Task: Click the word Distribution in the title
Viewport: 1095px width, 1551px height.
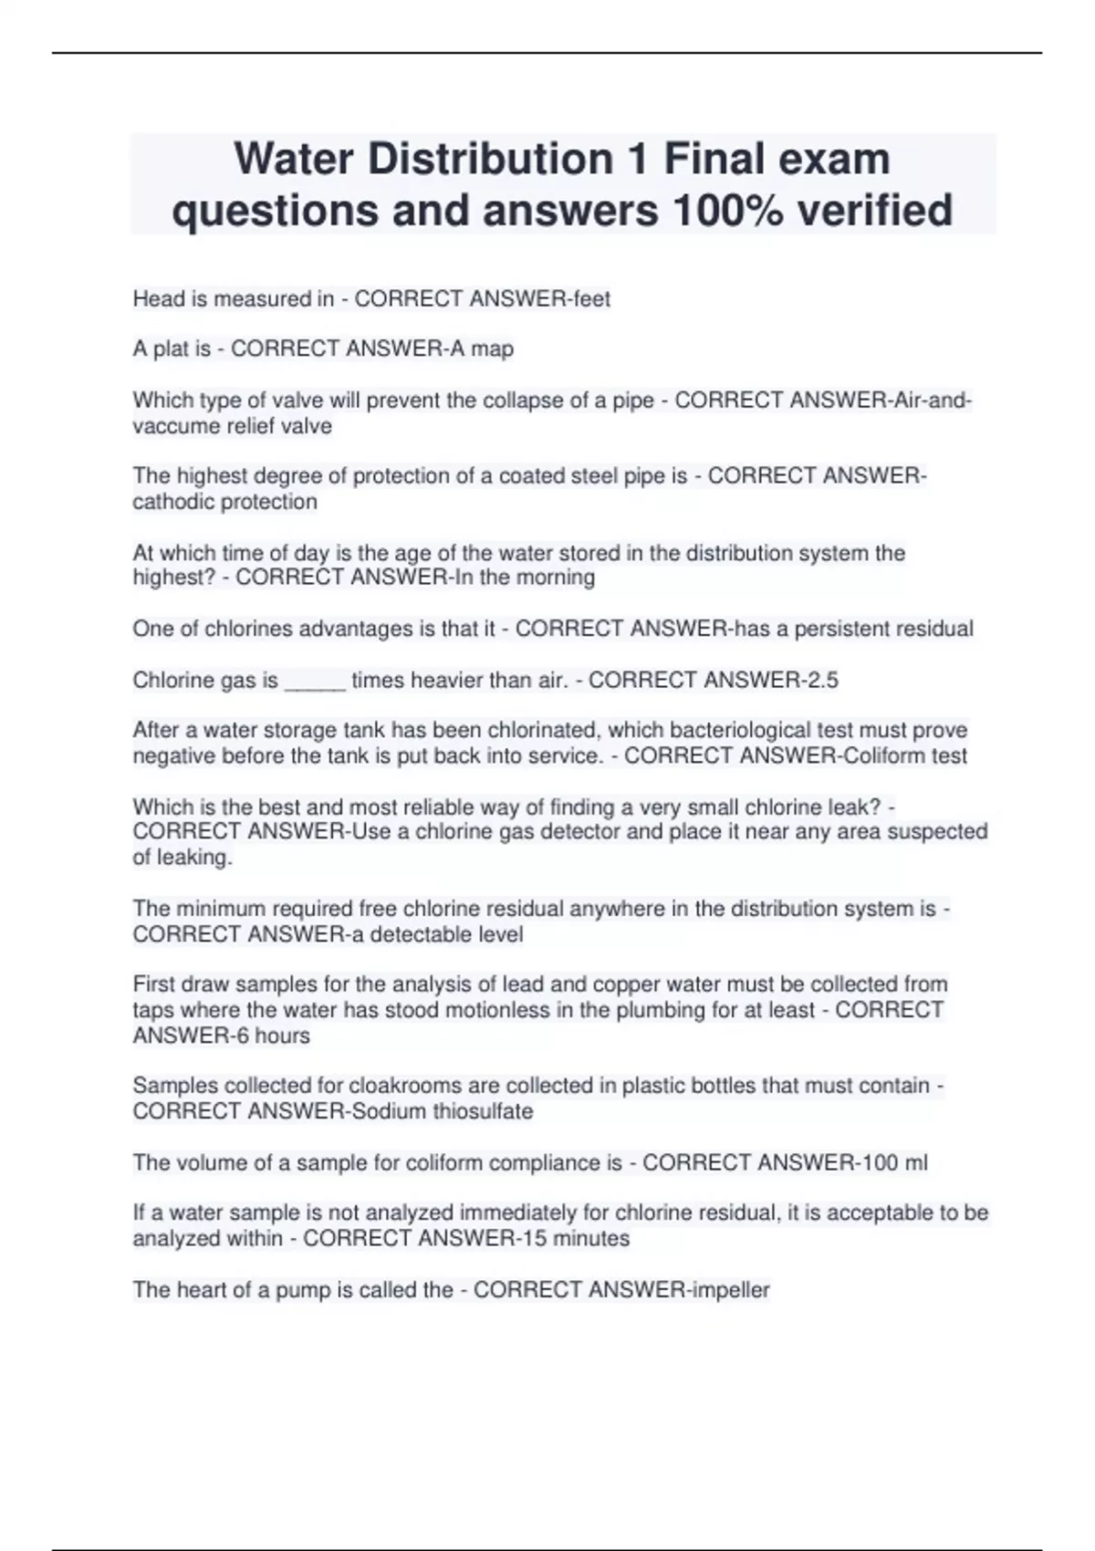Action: [x=491, y=159]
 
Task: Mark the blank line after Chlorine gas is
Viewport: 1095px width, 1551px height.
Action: [x=315, y=681]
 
